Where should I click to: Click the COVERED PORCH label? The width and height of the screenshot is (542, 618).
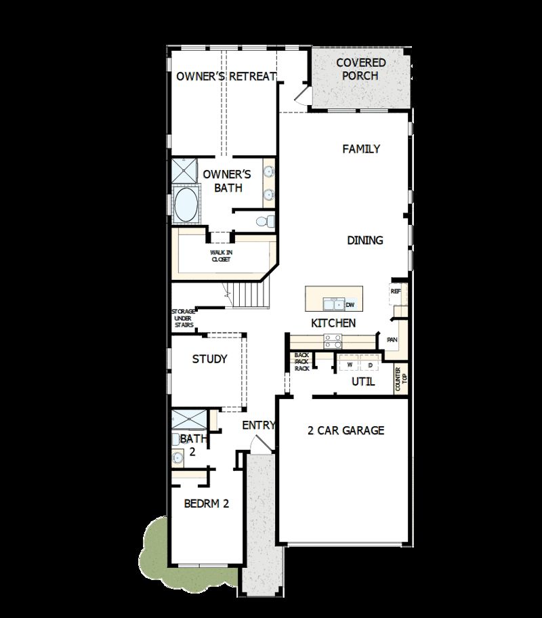tap(360, 69)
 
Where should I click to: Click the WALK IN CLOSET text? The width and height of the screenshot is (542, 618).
tap(220, 255)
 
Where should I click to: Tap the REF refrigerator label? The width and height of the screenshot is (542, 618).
tap(396, 291)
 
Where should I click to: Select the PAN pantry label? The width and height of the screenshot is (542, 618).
tap(392, 339)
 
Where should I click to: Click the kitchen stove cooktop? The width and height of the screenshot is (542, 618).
tap(333, 341)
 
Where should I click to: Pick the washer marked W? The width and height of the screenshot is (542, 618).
tap(350, 365)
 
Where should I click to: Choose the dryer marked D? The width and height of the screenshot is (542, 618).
tap(370, 365)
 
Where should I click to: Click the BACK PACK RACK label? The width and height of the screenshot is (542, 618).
tap(301, 362)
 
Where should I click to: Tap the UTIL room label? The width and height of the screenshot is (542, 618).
tap(363, 382)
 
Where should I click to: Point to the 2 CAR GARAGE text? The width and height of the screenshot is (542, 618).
tap(346, 430)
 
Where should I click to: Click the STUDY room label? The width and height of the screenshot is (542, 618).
tap(209, 359)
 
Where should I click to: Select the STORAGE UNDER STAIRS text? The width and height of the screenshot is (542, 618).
tap(183, 318)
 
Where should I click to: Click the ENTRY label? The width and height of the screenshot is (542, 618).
tap(259, 426)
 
